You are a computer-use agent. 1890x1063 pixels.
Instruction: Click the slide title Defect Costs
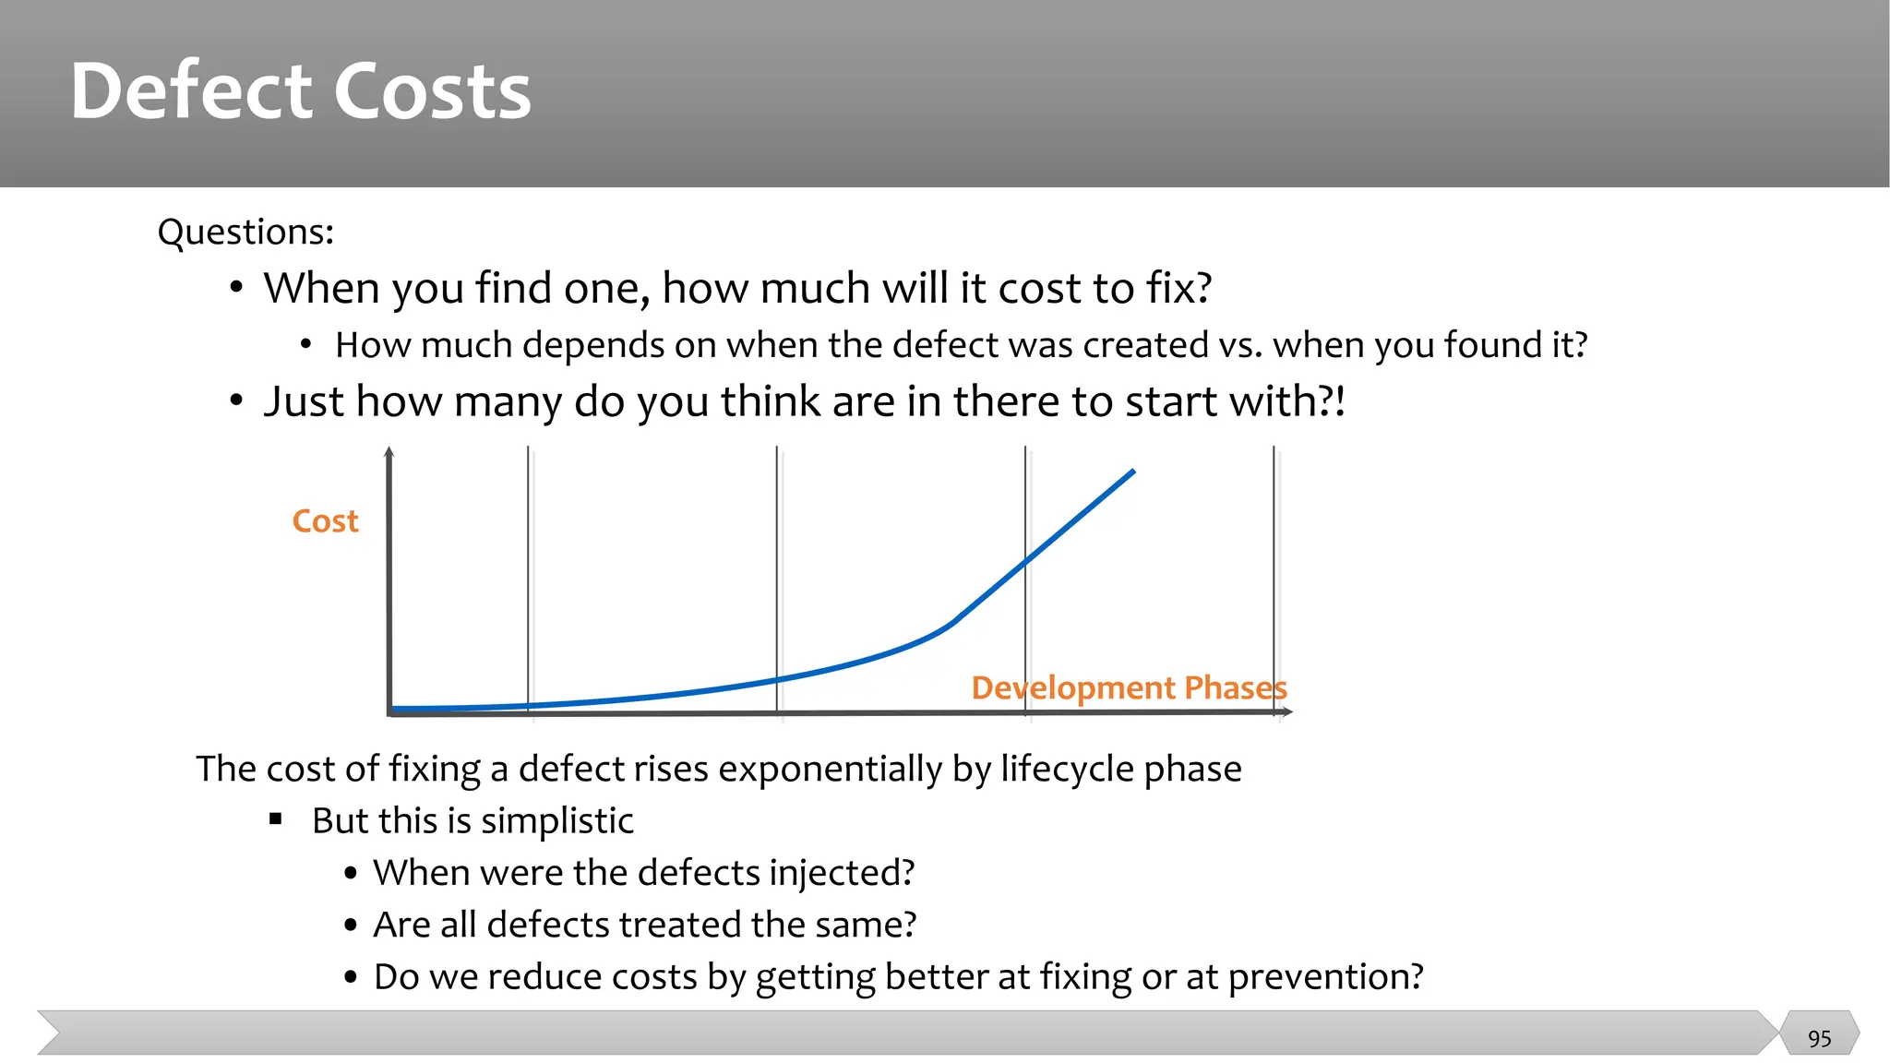tap(301, 90)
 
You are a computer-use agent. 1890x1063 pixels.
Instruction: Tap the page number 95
tap(1819, 1038)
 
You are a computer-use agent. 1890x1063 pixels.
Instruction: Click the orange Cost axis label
tap(325, 521)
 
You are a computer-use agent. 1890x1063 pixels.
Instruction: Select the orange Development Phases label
tap(1129, 688)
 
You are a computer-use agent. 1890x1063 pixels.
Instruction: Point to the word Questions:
tap(245, 232)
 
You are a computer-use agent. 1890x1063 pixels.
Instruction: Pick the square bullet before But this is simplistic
tap(275, 819)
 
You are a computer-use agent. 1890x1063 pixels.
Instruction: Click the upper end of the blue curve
tap(1132, 472)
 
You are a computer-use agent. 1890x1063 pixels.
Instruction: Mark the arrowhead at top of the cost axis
tap(389, 452)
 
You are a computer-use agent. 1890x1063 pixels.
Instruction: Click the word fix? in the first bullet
tap(1178, 289)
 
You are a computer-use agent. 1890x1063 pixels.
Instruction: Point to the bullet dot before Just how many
tap(237, 401)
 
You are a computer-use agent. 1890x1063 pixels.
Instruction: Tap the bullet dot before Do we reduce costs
tap(351, 977)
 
